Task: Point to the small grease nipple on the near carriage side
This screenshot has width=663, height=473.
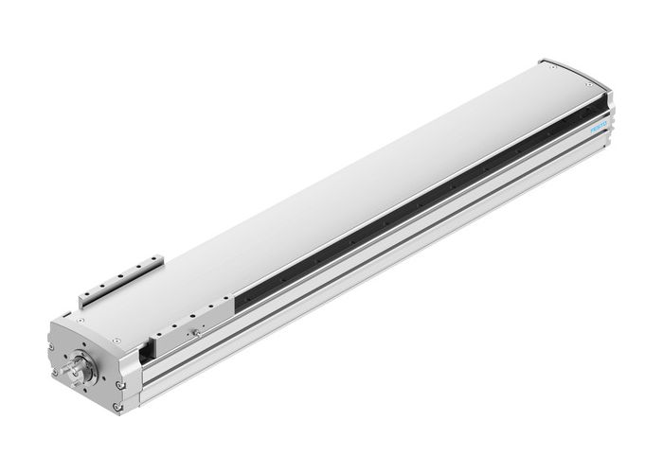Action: tap(195, 332)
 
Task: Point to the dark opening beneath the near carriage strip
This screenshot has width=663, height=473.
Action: tap(145, 352)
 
